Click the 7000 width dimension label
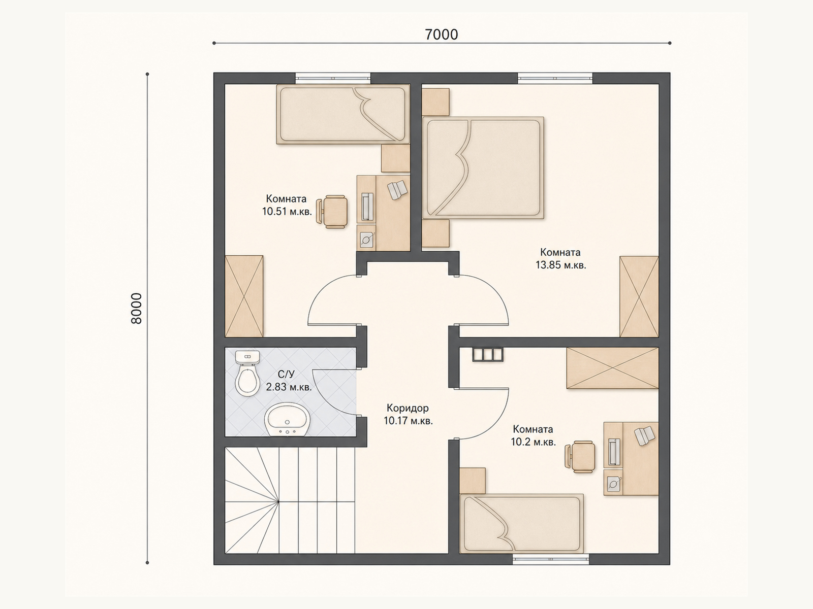pyautogui.click(x=441, y=35)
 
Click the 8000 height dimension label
pyautogui.click(x=137, y=309)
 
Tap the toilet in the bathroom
pyautogui.click(x=247, y=373)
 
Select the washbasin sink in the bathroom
pyautogui.click(x=287, y=419)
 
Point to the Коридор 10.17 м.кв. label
pyautogui.click(x=408, y=415)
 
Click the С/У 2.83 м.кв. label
pyautogui.click(x=289, y=381)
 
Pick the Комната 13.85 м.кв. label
pyautogui.click(x=560, y=258)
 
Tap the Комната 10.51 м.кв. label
pyautogui.click(x=287, y=205)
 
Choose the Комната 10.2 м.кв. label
pyautogui.click(x=533, y=435)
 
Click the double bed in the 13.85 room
pyautogui.click(x=483, y=168)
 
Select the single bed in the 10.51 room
pyautogui.click(x=343, y=114)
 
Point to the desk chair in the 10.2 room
pyautogui.click(x=580, y=456)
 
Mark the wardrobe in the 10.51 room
pyautogui.click(x=244, y=296)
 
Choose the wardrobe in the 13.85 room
pyautogui.click(x=639, y=296)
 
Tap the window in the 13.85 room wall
pyautogui.click(x=554, y=78)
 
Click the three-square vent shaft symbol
pyautogui.click(x=487, y=354)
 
